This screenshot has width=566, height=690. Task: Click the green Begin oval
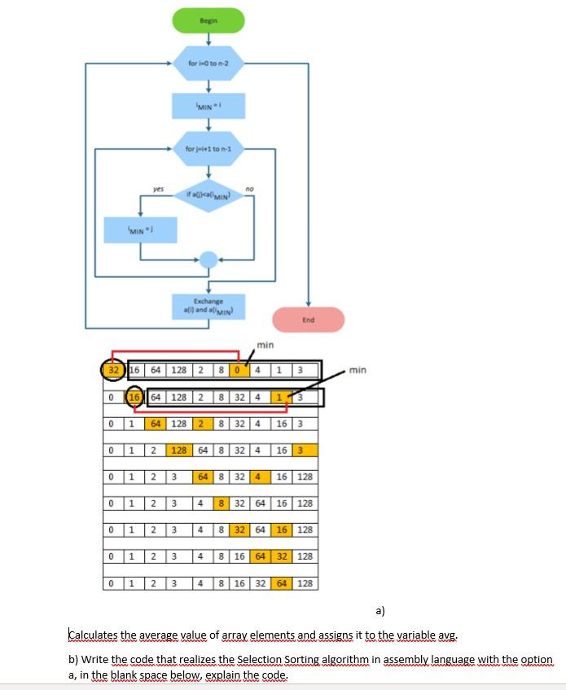[208, 20]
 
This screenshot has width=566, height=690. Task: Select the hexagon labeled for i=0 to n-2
[208, 63]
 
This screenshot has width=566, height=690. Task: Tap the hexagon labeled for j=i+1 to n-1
[208, 149]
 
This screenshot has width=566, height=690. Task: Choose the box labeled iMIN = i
[208, 106]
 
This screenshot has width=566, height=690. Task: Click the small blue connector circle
[209, 259]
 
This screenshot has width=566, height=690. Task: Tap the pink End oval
[308, 320]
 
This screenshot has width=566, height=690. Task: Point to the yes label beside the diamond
[158, 188]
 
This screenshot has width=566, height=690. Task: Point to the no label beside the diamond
[249, 188]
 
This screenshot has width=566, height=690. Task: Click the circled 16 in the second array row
[134, 398]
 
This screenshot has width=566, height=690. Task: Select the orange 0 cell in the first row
[238, 371]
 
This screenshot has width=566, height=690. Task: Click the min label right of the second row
[358, 371]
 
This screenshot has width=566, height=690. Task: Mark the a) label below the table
[380, 609]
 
